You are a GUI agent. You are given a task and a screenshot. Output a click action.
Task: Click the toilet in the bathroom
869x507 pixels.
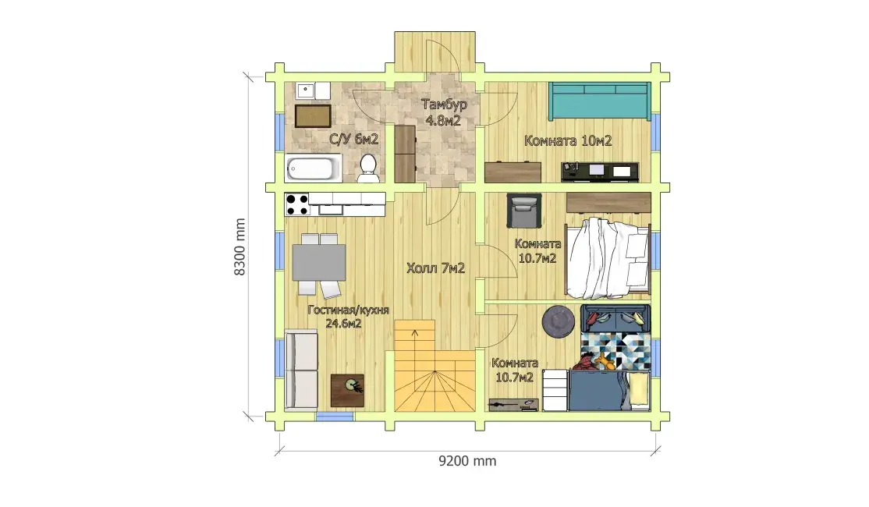pyautogui.click(x=367, y=168)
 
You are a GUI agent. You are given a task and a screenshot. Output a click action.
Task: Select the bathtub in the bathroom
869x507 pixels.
pyautogui.click(x=313, y=168)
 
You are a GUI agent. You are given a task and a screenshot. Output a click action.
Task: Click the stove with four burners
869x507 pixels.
pyautogui.click(x=297, y=204)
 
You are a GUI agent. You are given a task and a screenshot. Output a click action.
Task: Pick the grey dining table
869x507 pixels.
pyautogui.click(x=319, y=262)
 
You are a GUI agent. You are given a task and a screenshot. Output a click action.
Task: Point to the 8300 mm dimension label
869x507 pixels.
pyautogui.click(x=239, y=247)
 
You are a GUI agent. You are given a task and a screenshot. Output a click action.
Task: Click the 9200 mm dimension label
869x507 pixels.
pyautogui.click(x=467, y=461)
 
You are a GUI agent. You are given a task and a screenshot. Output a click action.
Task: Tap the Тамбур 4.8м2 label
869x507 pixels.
pyautogui.click(x=443, y=112)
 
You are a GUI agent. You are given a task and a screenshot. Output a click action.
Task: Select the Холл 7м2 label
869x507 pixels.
pyautogui.click(x=435, y=269)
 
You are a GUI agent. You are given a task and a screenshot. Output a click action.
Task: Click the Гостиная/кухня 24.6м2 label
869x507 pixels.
pyautogui.click(x=348, y=317)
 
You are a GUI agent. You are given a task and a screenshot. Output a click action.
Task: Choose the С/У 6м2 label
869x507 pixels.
pyautogui.click(x=353, y=140)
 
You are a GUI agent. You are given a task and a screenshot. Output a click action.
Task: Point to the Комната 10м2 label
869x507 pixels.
pyautogui.click(x=568, y=141)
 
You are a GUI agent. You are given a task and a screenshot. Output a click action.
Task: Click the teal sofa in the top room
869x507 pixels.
pyautogui.click(x=600, y=101)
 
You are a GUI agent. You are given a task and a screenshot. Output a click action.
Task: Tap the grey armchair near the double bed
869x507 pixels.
pyautogui.click(x=523, y=211)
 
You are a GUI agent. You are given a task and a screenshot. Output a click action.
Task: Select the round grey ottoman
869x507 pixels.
pyautogui.click(x=558, y=321)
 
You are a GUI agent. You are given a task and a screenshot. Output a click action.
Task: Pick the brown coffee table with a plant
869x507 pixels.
pyautogui.click(x=347, y=390)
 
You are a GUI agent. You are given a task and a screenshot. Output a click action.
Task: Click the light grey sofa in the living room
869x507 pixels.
pyautogui.click(x=302, y=370)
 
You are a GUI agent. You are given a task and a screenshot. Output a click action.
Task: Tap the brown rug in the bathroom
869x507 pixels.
pyautogui.click(x=313, y=116)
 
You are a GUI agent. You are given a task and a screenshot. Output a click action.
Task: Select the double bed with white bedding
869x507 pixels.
pyautogui.click(x=608, y=257)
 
